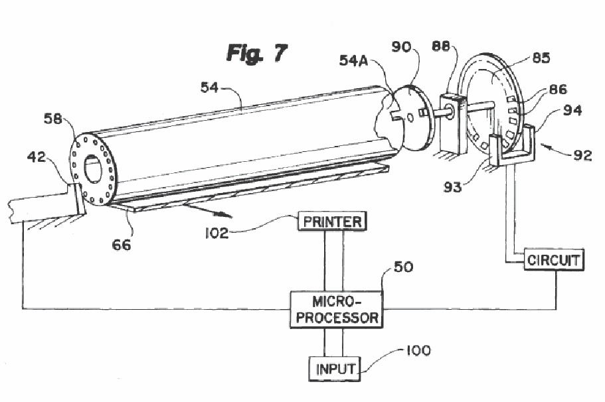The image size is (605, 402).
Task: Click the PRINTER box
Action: click(x=332, y=222)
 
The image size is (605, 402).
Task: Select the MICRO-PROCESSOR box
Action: click(x=337, y=310)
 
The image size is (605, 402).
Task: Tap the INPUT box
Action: click(x=335, y=369)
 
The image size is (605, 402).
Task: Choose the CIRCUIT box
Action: click(x=554, y=260)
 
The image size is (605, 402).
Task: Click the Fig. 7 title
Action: click(x=256, y=53)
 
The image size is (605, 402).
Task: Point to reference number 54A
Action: click(x=353, y=60)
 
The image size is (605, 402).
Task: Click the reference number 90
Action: click(x=401, y=47)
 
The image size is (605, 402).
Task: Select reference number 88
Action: click(x=441, y=46)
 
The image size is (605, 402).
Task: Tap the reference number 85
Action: click(x=541, y=58)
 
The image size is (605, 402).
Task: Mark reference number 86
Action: click(x=558, y=90)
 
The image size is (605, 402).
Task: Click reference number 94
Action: click(x=572, y=110)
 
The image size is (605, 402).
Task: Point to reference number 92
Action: click(x=582, y=155)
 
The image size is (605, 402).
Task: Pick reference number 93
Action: click(x=453, y=187)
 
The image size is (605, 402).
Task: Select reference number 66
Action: click(x=122, y=245)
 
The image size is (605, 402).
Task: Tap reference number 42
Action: click(x=37, y=157)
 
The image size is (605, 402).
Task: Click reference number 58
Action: click(x=53, y=118)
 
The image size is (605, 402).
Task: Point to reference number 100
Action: click(x=418, y=350)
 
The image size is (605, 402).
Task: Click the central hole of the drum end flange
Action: click(x=92, y=168)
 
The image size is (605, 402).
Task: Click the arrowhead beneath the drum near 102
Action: click(x=226, y=215)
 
